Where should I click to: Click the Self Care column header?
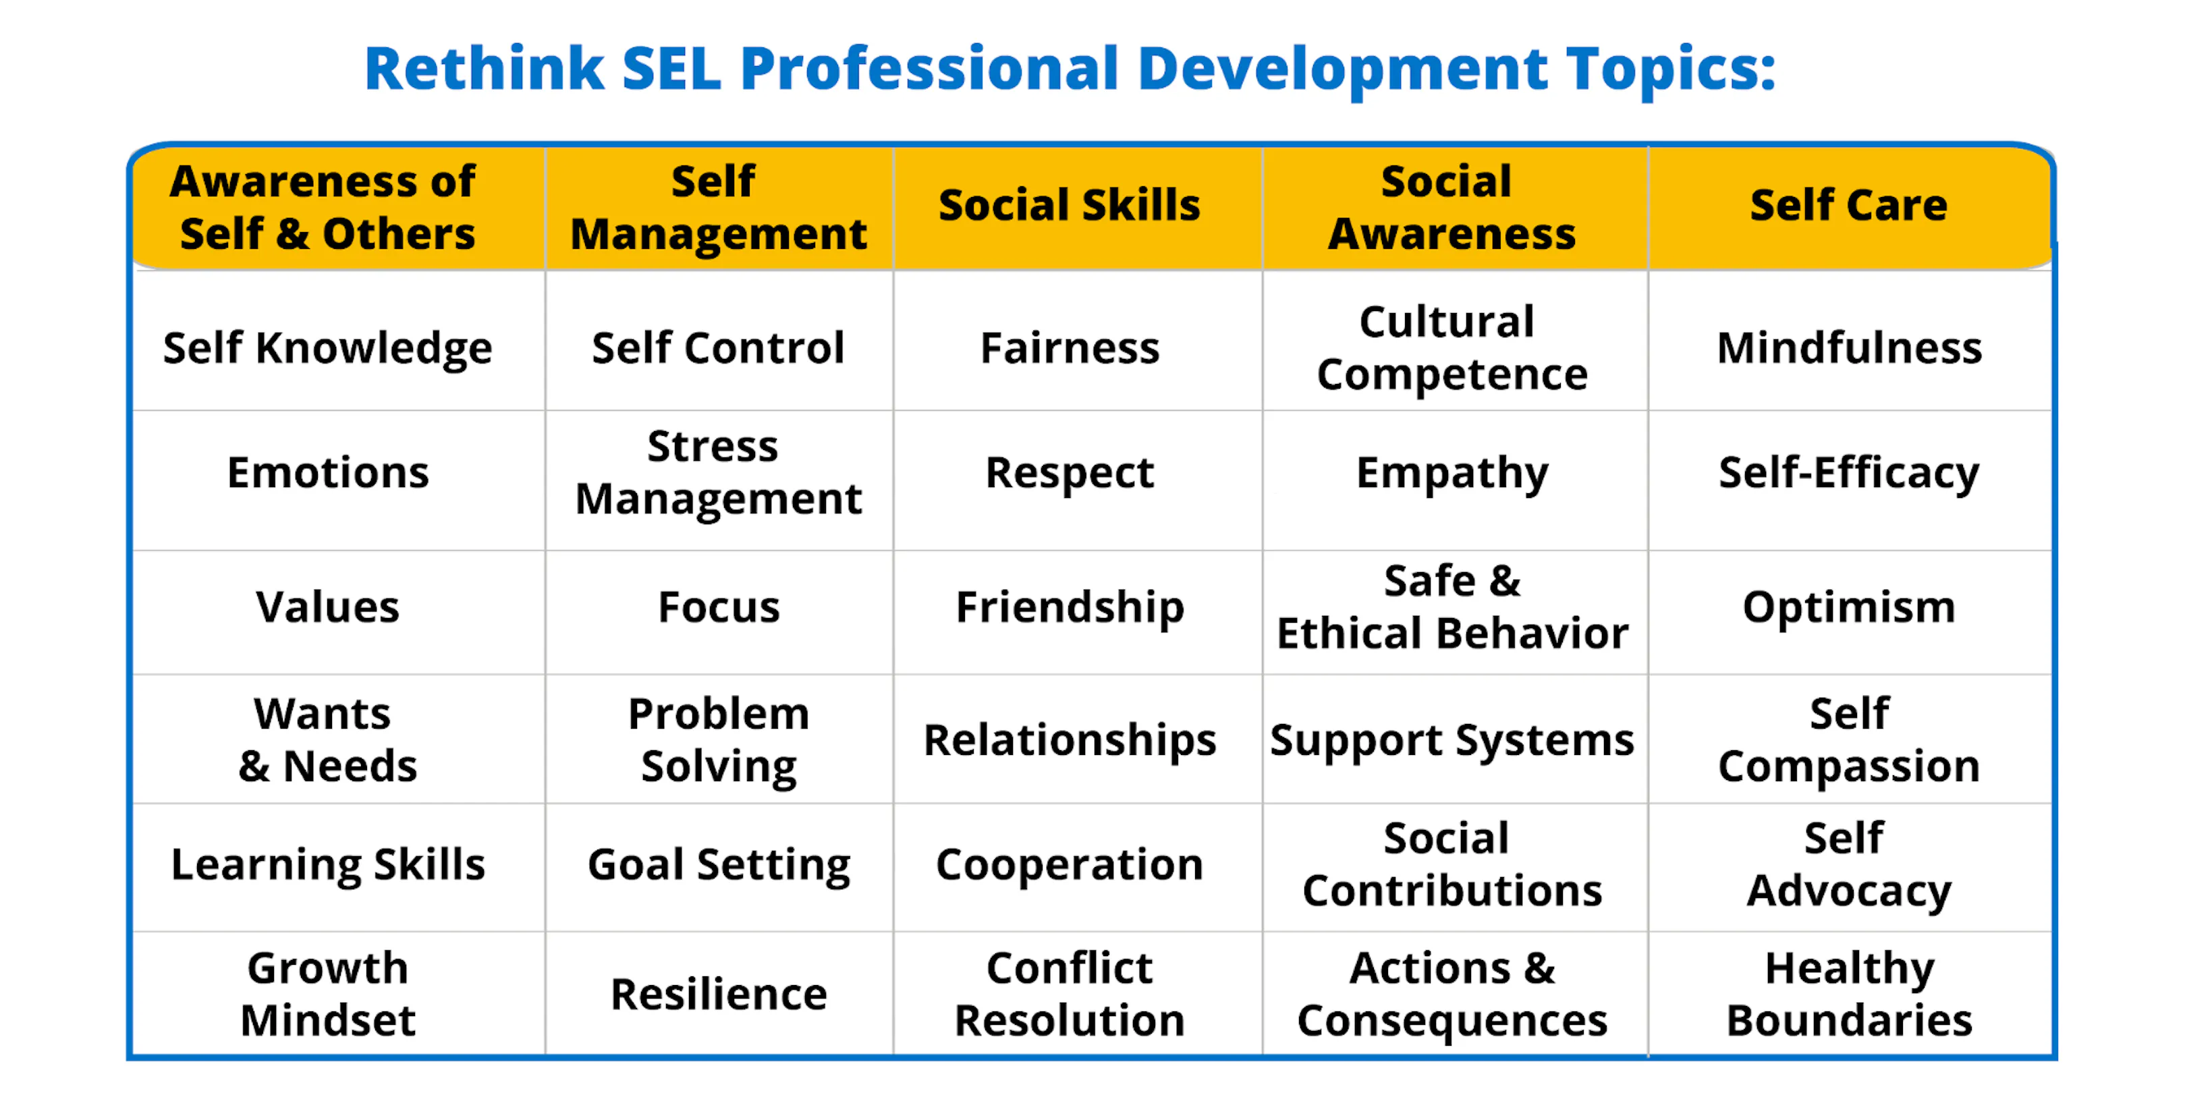click(1848, 205)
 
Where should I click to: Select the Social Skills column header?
click(1069, 205)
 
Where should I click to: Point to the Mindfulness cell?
click(1849, 347)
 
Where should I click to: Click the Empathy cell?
click(1452, 472)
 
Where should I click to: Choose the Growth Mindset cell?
click(328, 993)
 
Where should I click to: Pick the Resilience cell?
click(719, 994)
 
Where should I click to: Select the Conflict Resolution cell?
click(1070, 993)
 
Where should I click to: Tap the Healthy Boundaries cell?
click(1849, 993)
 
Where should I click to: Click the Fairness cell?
click(1070, 347)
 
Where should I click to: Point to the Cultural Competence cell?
click(1451, 347)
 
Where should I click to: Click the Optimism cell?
click(1849, 607)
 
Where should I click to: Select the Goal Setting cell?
click(719, 864)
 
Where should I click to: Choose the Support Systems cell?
click(1451, 740)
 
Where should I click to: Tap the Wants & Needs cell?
click(327, 739)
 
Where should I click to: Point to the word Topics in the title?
click(1671, 69)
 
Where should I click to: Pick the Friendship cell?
click(1070, 607)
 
